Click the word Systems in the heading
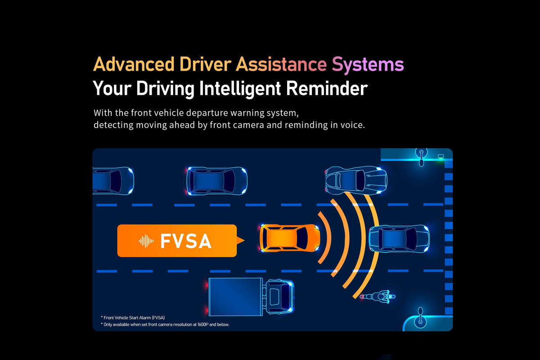368,64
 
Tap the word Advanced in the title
134,64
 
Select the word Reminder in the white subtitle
327,88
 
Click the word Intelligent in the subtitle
240,89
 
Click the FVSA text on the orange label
186,241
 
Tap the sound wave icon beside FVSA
146,241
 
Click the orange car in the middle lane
290,238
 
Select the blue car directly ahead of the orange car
399,238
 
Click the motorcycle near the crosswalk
378,297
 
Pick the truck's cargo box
235,297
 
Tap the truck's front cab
279,297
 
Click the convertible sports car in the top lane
356,180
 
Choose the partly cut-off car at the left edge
113,180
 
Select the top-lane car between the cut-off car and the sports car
216,181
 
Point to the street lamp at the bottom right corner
420,318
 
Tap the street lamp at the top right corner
421,157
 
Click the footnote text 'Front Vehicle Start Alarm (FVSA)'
134,318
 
